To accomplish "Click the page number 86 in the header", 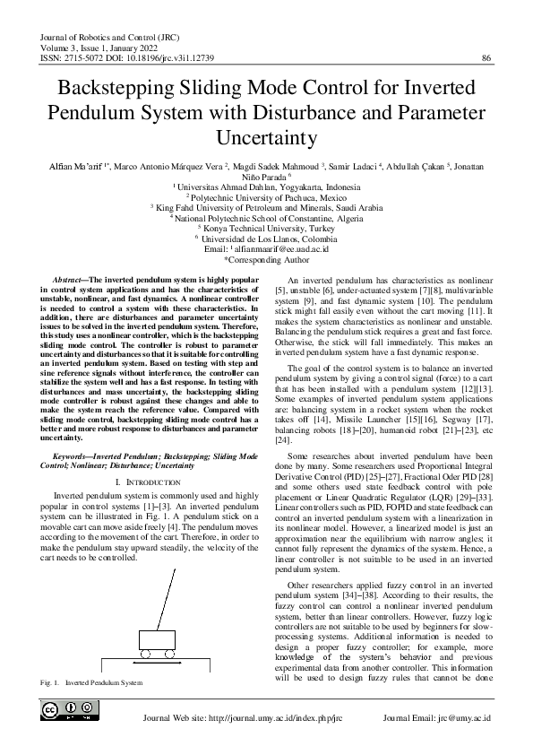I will pos(486,58).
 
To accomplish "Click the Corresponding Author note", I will pos(266,257).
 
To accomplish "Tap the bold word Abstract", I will pos(70,281).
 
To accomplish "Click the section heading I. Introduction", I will pos(136,482).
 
